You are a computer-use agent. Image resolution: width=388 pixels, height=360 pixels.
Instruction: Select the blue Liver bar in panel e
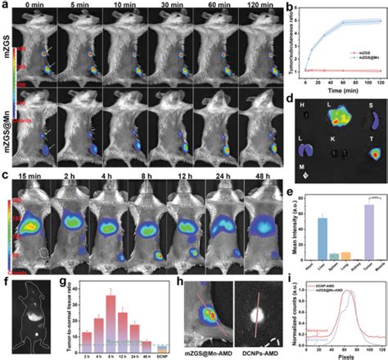click(322, 241)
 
